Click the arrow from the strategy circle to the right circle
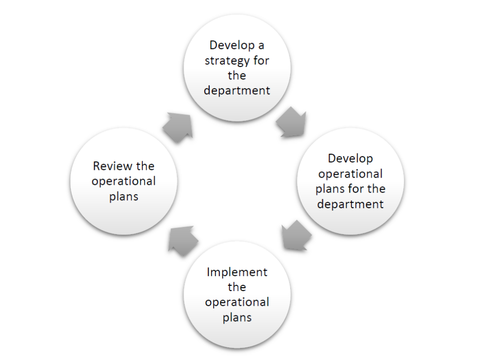click(292, 125)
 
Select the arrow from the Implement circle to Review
click(182, 240)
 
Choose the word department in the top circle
click(237, 91)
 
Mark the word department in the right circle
click(350, 204)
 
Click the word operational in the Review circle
click(124, 182)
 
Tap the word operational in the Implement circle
click(237, 302)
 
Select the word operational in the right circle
click(350, 174)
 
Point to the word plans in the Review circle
click(124, 196)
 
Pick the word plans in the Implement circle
click(237, 317)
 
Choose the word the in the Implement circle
click(237, 287)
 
